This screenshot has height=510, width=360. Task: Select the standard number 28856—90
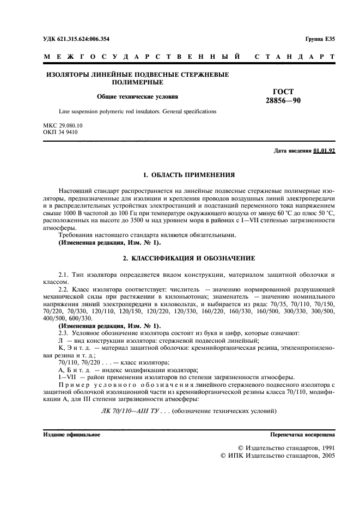(x=283, y=101)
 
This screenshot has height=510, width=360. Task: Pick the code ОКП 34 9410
(x=59, y=132)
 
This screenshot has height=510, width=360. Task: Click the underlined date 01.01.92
(x=324, y=151)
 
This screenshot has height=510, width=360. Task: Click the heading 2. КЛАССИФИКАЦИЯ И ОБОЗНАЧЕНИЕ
(x=188, y=258)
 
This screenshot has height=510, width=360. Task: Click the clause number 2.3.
(x=64, y=317)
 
